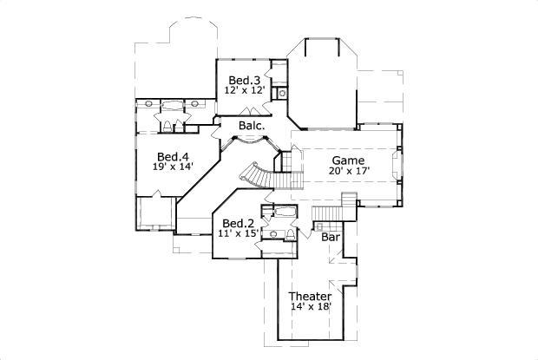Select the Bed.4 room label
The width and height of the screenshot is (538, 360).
click(x=173, y=156)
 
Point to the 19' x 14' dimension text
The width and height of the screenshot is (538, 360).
click(x=173, y=167)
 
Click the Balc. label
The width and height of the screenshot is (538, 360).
click(x=253, y=127)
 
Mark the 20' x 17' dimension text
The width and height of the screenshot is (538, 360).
click(x=349, y=172)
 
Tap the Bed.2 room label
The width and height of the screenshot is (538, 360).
click(x=238, y=222)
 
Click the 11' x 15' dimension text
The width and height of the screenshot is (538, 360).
click(x=238, y=233)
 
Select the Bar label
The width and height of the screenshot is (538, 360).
click(x=330, y=237)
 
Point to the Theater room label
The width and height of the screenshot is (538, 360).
click(x=311, y=297)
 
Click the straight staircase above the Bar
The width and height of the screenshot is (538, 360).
click(x=329, y=213)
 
